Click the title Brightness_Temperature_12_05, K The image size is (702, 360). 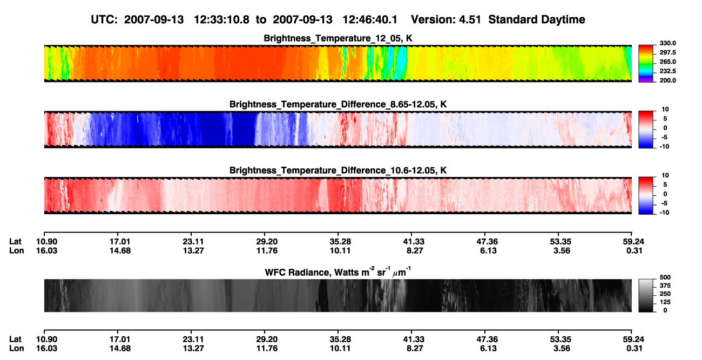[338, 38]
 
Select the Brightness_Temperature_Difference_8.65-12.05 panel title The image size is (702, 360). [338, 104]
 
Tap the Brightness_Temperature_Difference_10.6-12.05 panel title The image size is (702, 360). [338, 171]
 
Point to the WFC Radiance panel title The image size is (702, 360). [338, 272]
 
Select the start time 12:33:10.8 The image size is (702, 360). [221, 19]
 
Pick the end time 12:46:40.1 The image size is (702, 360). [370, 19]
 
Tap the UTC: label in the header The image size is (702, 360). [104, 19]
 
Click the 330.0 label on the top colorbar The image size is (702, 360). [667, 43]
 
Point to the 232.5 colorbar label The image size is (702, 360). [667, 71]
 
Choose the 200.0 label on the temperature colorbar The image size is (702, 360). [667, 80]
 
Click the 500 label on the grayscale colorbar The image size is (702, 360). [665, 277]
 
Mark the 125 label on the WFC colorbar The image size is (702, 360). [665, 302]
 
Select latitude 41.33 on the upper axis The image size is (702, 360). [414, 242]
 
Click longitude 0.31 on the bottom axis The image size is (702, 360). [634, 349]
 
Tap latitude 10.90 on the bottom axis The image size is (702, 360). [46, 339]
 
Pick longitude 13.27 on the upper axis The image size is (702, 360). [193, 250]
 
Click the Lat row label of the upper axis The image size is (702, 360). [15, 242]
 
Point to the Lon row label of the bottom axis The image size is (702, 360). [16, 349]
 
